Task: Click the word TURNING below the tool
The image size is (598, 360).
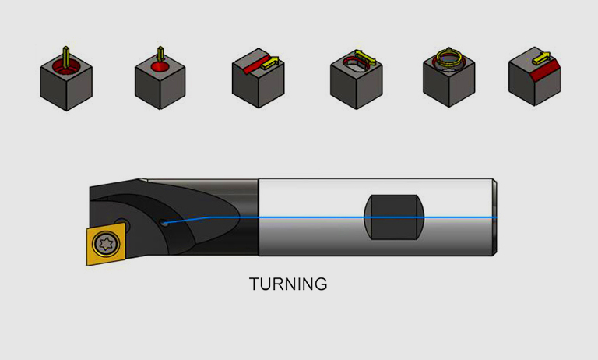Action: pos(288,284)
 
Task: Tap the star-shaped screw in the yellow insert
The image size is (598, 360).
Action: pos(106,243)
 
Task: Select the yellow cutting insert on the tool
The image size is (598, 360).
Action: pos(106,244)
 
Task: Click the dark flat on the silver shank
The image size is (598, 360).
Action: pos(394,217)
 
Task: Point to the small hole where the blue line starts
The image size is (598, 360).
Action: pos(164,223)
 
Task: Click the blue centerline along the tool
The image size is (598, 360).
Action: pos(330,218)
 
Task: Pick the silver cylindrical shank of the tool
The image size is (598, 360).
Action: pos(377,217)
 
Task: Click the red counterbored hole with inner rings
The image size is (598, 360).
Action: pos(66,67)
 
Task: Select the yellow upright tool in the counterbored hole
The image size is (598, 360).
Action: pos(66,57)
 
